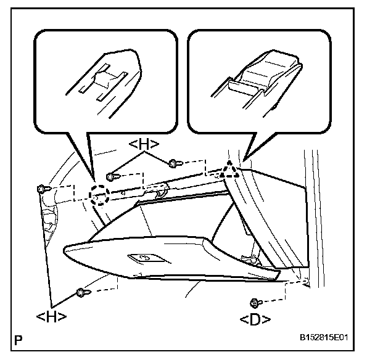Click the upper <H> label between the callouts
pyautogui.click(x=144, y=144)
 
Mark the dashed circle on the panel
pyautogui.click(x=99, y=195)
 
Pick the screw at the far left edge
pyautogui.click(x=41, y=188)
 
